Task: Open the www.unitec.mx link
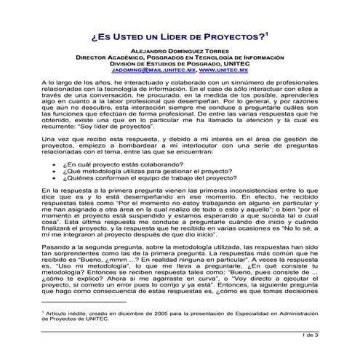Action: click(223, 71)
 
